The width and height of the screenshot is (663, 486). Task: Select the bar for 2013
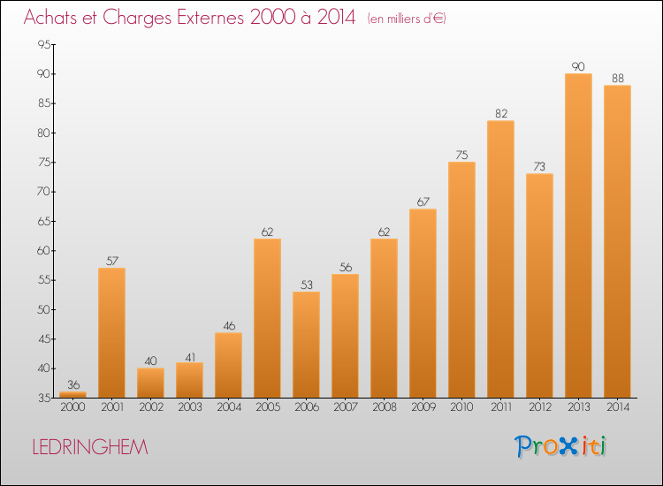coord(578,235)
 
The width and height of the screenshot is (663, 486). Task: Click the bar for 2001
coord(111,332)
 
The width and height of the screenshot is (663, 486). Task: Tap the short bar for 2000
coord(72,395)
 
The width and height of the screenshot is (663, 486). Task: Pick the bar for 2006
coord(306,345)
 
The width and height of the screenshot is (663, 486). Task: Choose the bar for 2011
coord(500,259)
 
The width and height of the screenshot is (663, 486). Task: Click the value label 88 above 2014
coord(618,78)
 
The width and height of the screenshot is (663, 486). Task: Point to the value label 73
coord(539,166)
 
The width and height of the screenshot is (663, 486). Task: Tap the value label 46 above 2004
coord(229,326)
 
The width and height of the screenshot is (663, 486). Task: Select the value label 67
coord(423,202)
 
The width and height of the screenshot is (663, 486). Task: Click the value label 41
coord(190,358)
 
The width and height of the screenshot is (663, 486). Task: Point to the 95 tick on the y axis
coord(44,44)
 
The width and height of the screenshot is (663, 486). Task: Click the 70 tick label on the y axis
coord(44,192)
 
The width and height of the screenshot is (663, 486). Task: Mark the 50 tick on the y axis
coord(44,310)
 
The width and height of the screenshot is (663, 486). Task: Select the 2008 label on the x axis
coord(385,407)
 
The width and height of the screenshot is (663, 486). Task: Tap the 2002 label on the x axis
coord(151,407)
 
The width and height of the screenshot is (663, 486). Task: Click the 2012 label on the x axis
coord(540,407)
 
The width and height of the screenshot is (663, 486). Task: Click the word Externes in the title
coord(210,18)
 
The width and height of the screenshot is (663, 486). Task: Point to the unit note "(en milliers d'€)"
coord(407,19)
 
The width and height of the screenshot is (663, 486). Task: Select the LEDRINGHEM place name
coord(90,447)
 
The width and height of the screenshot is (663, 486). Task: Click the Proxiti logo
coord(560,446)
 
